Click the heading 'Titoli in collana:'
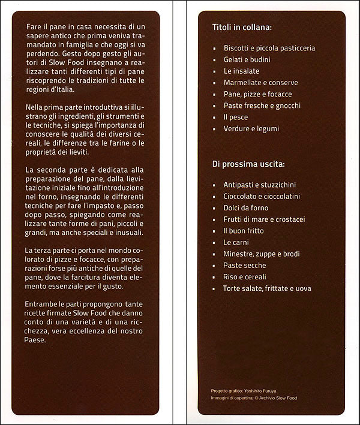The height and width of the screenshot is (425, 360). point(242,28)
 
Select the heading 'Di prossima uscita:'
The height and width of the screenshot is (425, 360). point(248,164)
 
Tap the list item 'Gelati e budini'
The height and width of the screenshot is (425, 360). point(247,59)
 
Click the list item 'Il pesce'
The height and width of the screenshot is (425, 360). point(235,117)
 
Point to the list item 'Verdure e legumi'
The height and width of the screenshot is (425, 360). point(251,128)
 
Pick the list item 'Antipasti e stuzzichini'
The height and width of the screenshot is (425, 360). point(259,185)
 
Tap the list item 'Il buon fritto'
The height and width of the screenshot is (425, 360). point(243,231)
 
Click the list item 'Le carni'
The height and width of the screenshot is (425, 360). point(235,242)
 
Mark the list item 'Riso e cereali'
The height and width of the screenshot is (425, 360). point(245,277)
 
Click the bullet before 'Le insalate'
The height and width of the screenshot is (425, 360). point(215,71)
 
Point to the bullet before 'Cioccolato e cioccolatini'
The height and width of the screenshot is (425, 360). point(215,197)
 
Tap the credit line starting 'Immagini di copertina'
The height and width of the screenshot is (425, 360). point(254,398)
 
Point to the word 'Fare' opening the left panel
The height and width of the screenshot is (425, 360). point(35,28)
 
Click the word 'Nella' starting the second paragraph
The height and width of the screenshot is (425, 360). point(36,107)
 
